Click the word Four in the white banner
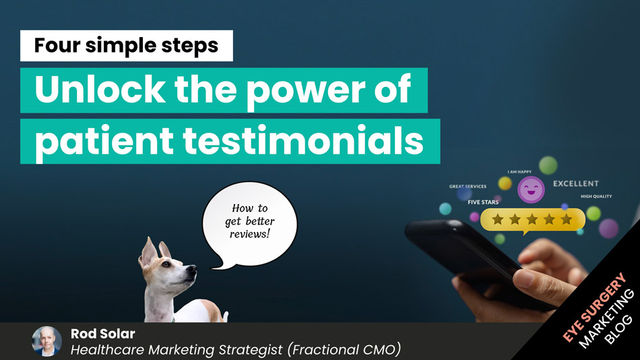tap(57, 45)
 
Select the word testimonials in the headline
tap(303, 141)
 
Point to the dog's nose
tap(192, 269)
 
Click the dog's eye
tap(166, 264)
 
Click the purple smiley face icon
tap(531, 190)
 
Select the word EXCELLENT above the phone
tap(575, 184)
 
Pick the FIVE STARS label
tap(483, 202)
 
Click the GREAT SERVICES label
tap(468, 186)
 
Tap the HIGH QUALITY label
tap(596, 197)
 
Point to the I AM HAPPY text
tap(519, 172)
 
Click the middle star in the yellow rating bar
tap(532, 220)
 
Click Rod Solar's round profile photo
tap(46, 341)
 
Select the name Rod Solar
tap(103, 334)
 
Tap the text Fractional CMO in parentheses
tap(344, 350)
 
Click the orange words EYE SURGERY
tap(594, 307)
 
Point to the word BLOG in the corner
tap(618, 330)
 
